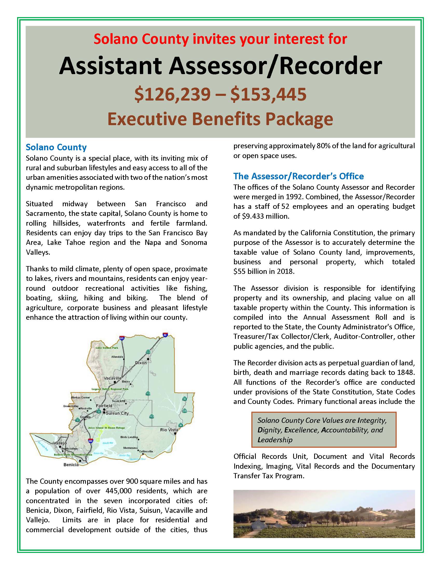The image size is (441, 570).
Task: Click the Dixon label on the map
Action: [x=141, y=363]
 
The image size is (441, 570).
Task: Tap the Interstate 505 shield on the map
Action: [x=121, y=338]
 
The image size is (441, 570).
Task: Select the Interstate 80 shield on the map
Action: [x=165, y=335]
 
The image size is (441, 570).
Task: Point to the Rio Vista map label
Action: [x=169, y=430]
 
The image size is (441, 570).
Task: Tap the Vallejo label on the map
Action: [x=60, y=443]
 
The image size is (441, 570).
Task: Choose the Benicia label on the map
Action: [x=71, y=465]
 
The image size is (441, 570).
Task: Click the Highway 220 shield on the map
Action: [x=185, y=411]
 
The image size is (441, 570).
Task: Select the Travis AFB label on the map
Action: [x=119, y=401]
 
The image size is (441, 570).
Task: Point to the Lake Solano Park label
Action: [x=107, y=348]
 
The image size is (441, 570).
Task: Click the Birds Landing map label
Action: [x=129, y=437]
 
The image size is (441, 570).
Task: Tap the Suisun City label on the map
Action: [x=117, y=413]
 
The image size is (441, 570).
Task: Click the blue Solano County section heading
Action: [x=56, y=147]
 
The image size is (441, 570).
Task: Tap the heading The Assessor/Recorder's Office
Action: [x=298, y=176]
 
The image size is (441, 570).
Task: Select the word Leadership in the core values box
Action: [x=275, y=440]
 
